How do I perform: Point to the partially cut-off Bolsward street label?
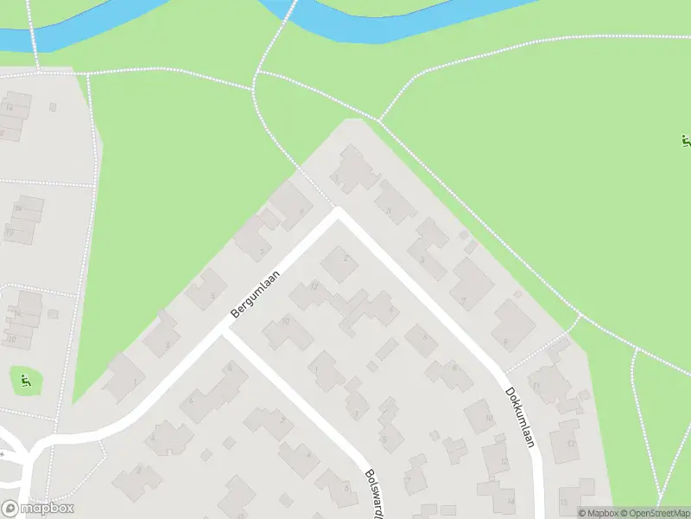coord(377,492)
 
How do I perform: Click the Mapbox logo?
coord(37,509)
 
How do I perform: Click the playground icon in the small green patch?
coord(26,379)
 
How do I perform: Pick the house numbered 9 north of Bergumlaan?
coord(288,204)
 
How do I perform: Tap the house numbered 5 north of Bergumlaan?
coord(206,288)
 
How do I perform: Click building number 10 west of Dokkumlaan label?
coord(481,417)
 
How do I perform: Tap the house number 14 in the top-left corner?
coord(14,110)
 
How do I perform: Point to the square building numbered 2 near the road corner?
coord(340,263)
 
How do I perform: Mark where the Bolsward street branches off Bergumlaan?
coord(226,332)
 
